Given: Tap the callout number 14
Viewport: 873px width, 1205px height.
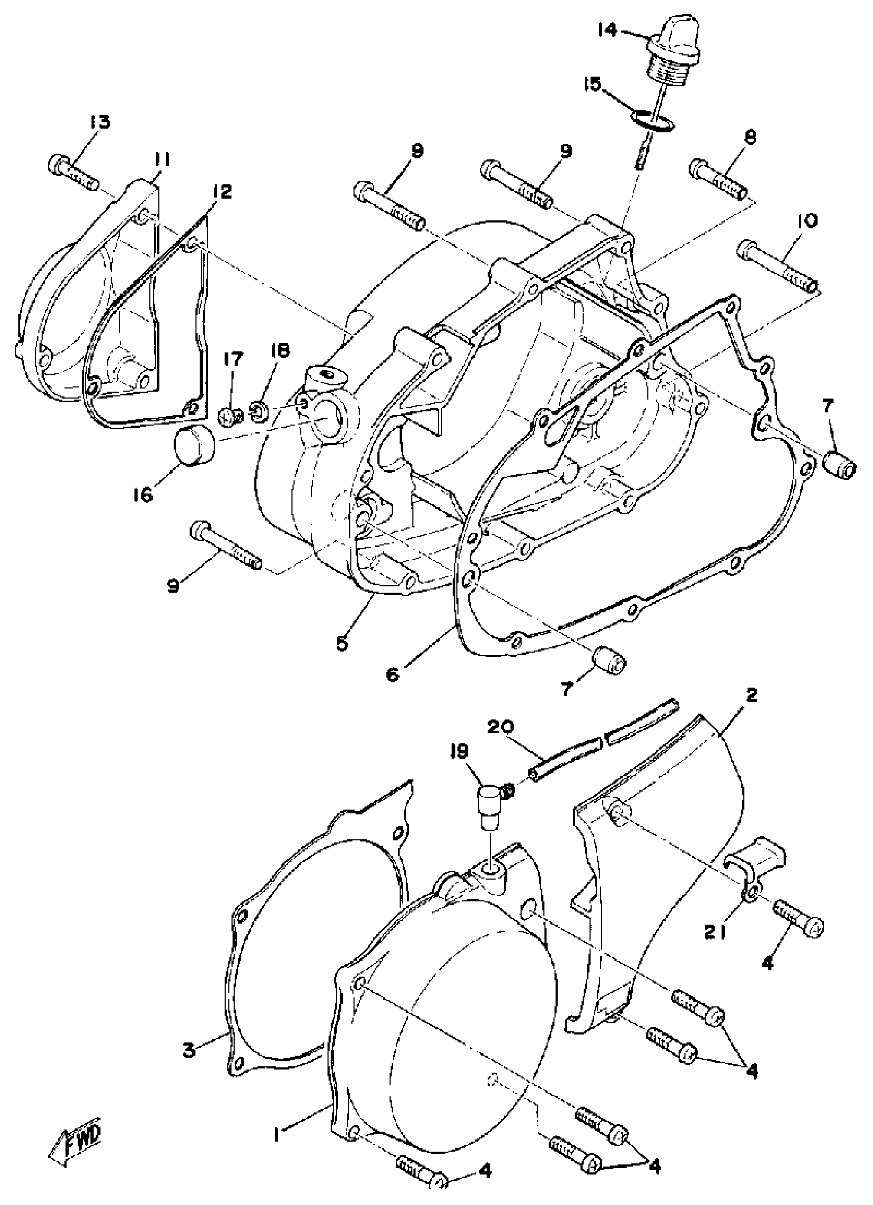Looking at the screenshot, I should tap(607, 30).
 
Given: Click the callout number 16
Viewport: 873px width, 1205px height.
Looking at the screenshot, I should tap(143, 495).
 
